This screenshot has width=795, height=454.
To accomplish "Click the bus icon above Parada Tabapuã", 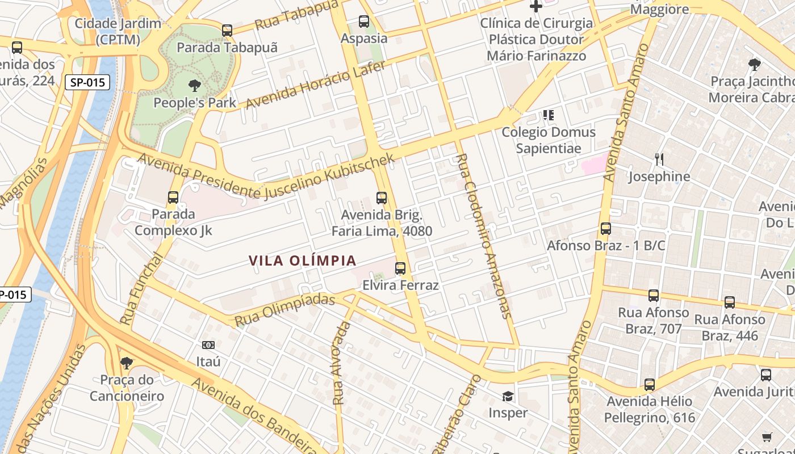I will click(x=227, y=30).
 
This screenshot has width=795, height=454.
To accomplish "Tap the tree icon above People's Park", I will click(x=194, y=86).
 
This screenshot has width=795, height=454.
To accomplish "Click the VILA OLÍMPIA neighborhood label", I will click(x=303, y=260).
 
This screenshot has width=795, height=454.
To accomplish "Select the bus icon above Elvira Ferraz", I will click(x=400, y=268).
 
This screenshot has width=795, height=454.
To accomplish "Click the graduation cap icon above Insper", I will click(x=508, y=396).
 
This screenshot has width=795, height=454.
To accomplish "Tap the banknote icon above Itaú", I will click(x=208, y=345).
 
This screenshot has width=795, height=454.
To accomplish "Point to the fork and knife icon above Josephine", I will click(x=659, y=159).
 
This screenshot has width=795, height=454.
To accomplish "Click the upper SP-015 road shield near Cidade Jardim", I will click(x=88, y=82).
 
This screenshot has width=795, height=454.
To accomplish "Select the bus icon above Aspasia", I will click(x=364, y=22).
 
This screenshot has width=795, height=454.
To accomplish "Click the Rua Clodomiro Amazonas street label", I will click(x=484, y=236).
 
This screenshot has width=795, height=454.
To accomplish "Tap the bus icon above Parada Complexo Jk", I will click(x=173, y=197).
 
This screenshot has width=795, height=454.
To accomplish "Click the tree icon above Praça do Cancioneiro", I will click(x=126, y=363).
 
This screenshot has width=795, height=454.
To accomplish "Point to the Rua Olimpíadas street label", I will click(x=284, y=309).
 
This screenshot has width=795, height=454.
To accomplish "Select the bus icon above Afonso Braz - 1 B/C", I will click(x=606, y=229).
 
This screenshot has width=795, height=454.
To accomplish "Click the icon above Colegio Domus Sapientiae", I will click(x=548, y=115).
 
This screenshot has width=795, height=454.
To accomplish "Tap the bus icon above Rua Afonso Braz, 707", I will click(x=654, y=295).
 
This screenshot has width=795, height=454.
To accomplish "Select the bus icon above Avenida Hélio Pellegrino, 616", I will click(x=650, y=385).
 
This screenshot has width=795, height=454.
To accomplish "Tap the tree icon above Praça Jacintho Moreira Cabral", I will click(x=754, y=64).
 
